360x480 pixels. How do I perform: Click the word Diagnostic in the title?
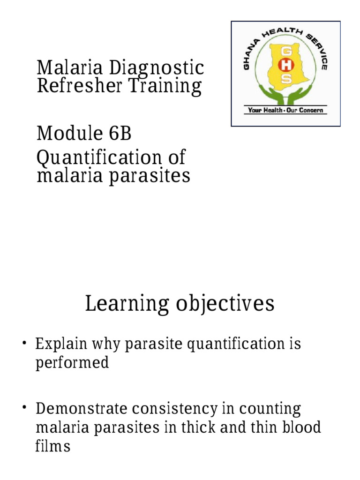point(157,68)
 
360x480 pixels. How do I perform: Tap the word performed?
point(72,363)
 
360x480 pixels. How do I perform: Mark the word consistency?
point(175,409)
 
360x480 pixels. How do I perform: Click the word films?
point(52,446)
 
